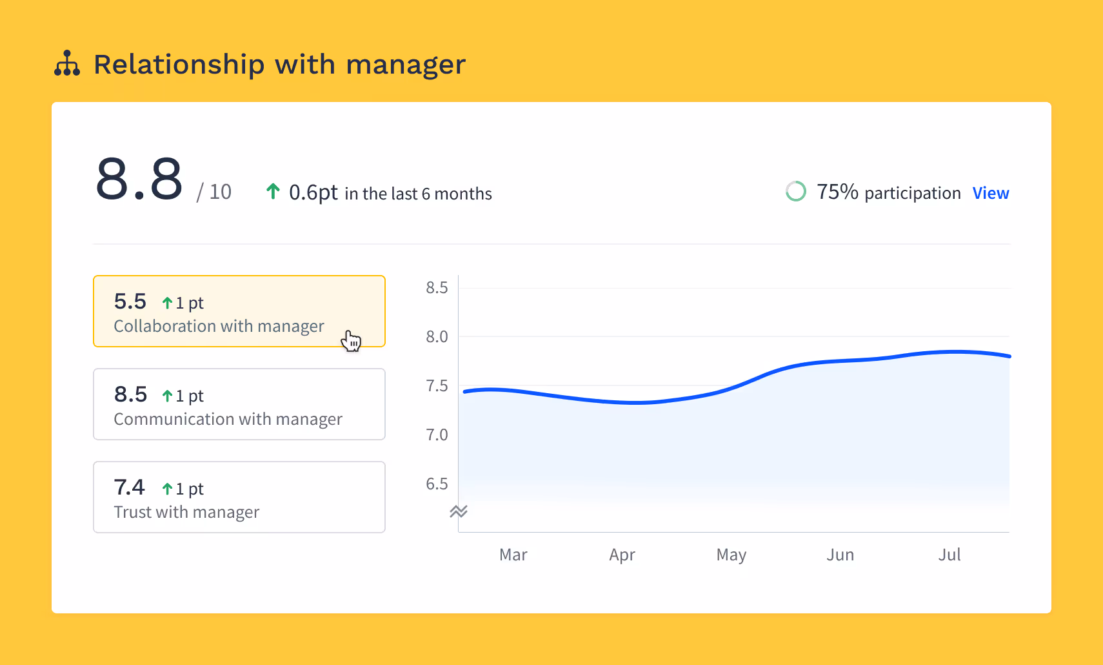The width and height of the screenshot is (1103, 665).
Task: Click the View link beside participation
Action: click(x=990, y=193)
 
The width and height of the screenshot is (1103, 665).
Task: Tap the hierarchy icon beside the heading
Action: click(x=67, y=64)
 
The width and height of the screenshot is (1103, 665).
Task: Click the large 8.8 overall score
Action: click(x=139, y=179)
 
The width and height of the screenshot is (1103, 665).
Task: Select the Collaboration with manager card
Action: click(x=239, y=311)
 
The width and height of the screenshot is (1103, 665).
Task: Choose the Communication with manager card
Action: click(x=239, y=404)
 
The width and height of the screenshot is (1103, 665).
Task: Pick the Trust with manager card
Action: click(x=239, y=497)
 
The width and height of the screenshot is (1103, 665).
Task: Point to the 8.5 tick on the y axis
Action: click(x=437, y=288)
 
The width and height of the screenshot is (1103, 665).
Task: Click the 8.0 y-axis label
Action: click(x=437, y=337)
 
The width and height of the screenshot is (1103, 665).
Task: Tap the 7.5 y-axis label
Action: click(x=437, y=386)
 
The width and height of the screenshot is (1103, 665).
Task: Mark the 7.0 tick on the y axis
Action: click(x=437, y=435)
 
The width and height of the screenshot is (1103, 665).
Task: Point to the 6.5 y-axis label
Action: click(x=437, y=484)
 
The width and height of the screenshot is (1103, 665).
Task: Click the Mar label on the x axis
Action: click(x=513, y=555)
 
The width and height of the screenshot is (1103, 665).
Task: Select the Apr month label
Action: click(x=622, y=555)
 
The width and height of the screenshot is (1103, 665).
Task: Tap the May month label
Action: click(x=731, y=555)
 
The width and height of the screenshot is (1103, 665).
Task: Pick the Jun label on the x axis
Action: click(x=840, y=555)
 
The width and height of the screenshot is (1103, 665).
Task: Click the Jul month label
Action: click(x=949, y=555)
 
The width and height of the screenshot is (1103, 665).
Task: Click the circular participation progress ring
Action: click(x=795, y=192)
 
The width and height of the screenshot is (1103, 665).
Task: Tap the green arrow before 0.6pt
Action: click(x=273, y=192)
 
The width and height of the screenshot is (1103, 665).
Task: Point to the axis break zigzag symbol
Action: click(x=458, y=511)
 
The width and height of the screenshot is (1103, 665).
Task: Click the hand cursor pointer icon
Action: click(x=351, y=341)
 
